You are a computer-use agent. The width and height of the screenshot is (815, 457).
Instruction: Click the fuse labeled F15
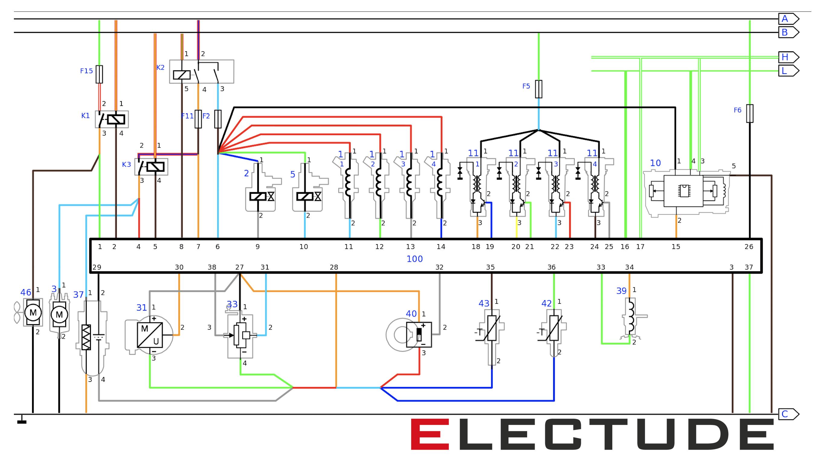[99, 74]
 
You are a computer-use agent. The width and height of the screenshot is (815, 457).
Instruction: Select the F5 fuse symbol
[539, 89]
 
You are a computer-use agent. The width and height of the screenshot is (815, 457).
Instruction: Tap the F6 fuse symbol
[749, 113]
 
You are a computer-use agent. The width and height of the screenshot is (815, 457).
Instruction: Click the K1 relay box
[112, 119]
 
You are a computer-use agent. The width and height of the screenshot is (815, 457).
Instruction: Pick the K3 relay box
[151, 167]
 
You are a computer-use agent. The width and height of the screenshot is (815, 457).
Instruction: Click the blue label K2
[160, 68]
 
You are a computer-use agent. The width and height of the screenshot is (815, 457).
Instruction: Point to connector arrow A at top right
[788, 19]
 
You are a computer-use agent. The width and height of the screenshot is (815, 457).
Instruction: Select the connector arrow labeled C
[788, 414]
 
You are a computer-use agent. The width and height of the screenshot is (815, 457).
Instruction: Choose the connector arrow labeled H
[788, 57]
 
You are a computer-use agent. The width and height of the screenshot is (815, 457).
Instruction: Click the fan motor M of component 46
[33, 313]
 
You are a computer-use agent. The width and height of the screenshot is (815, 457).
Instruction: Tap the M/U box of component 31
[150, 335]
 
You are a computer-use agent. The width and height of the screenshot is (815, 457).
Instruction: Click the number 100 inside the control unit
[414, 259]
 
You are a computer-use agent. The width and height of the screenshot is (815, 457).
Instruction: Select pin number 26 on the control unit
[749, 247]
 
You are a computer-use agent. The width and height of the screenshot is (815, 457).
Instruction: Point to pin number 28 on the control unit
[334, 267]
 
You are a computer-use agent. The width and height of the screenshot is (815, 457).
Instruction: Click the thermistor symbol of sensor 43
[491, 328]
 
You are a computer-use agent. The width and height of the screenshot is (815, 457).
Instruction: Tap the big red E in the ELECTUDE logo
[430, 434]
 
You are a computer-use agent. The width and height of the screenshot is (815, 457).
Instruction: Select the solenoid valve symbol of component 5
[305, 197]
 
